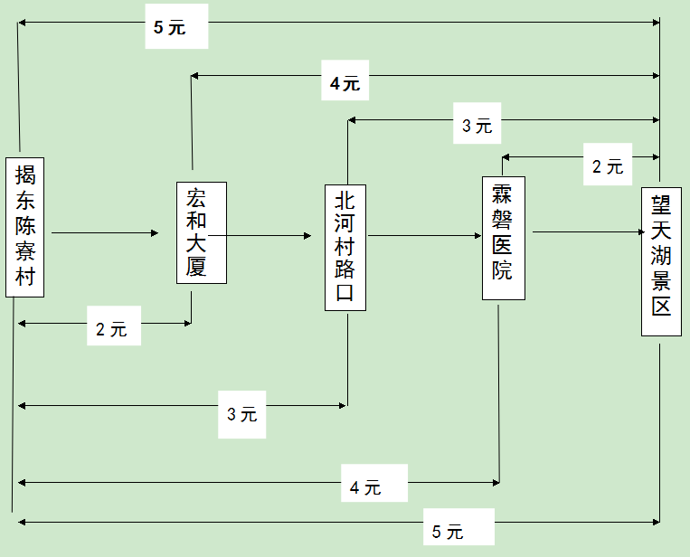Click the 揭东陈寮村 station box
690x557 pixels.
coord(25,227)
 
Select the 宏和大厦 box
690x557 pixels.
coord(201,232)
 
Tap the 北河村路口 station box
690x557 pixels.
coord(345,248)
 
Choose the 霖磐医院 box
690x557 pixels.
coord(503,238)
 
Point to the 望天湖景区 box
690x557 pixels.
coord(661,261)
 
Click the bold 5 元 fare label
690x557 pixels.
coord(169,27)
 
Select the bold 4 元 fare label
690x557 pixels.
coord(345,84)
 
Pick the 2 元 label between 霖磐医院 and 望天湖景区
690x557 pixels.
coord(607,166)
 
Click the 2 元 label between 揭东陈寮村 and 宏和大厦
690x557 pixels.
coord(112,330)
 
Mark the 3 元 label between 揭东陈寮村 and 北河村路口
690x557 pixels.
coord(242,414)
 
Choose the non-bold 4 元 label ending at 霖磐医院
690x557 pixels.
coord(366,487)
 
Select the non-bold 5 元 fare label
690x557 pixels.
coord(448,532)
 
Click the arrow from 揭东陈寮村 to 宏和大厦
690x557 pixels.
coord(105,233)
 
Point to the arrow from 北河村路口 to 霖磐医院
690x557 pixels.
coord(424,236)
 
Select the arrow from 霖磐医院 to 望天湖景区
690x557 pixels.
coord(588,232)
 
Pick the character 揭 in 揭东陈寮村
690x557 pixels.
coord(25,174)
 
